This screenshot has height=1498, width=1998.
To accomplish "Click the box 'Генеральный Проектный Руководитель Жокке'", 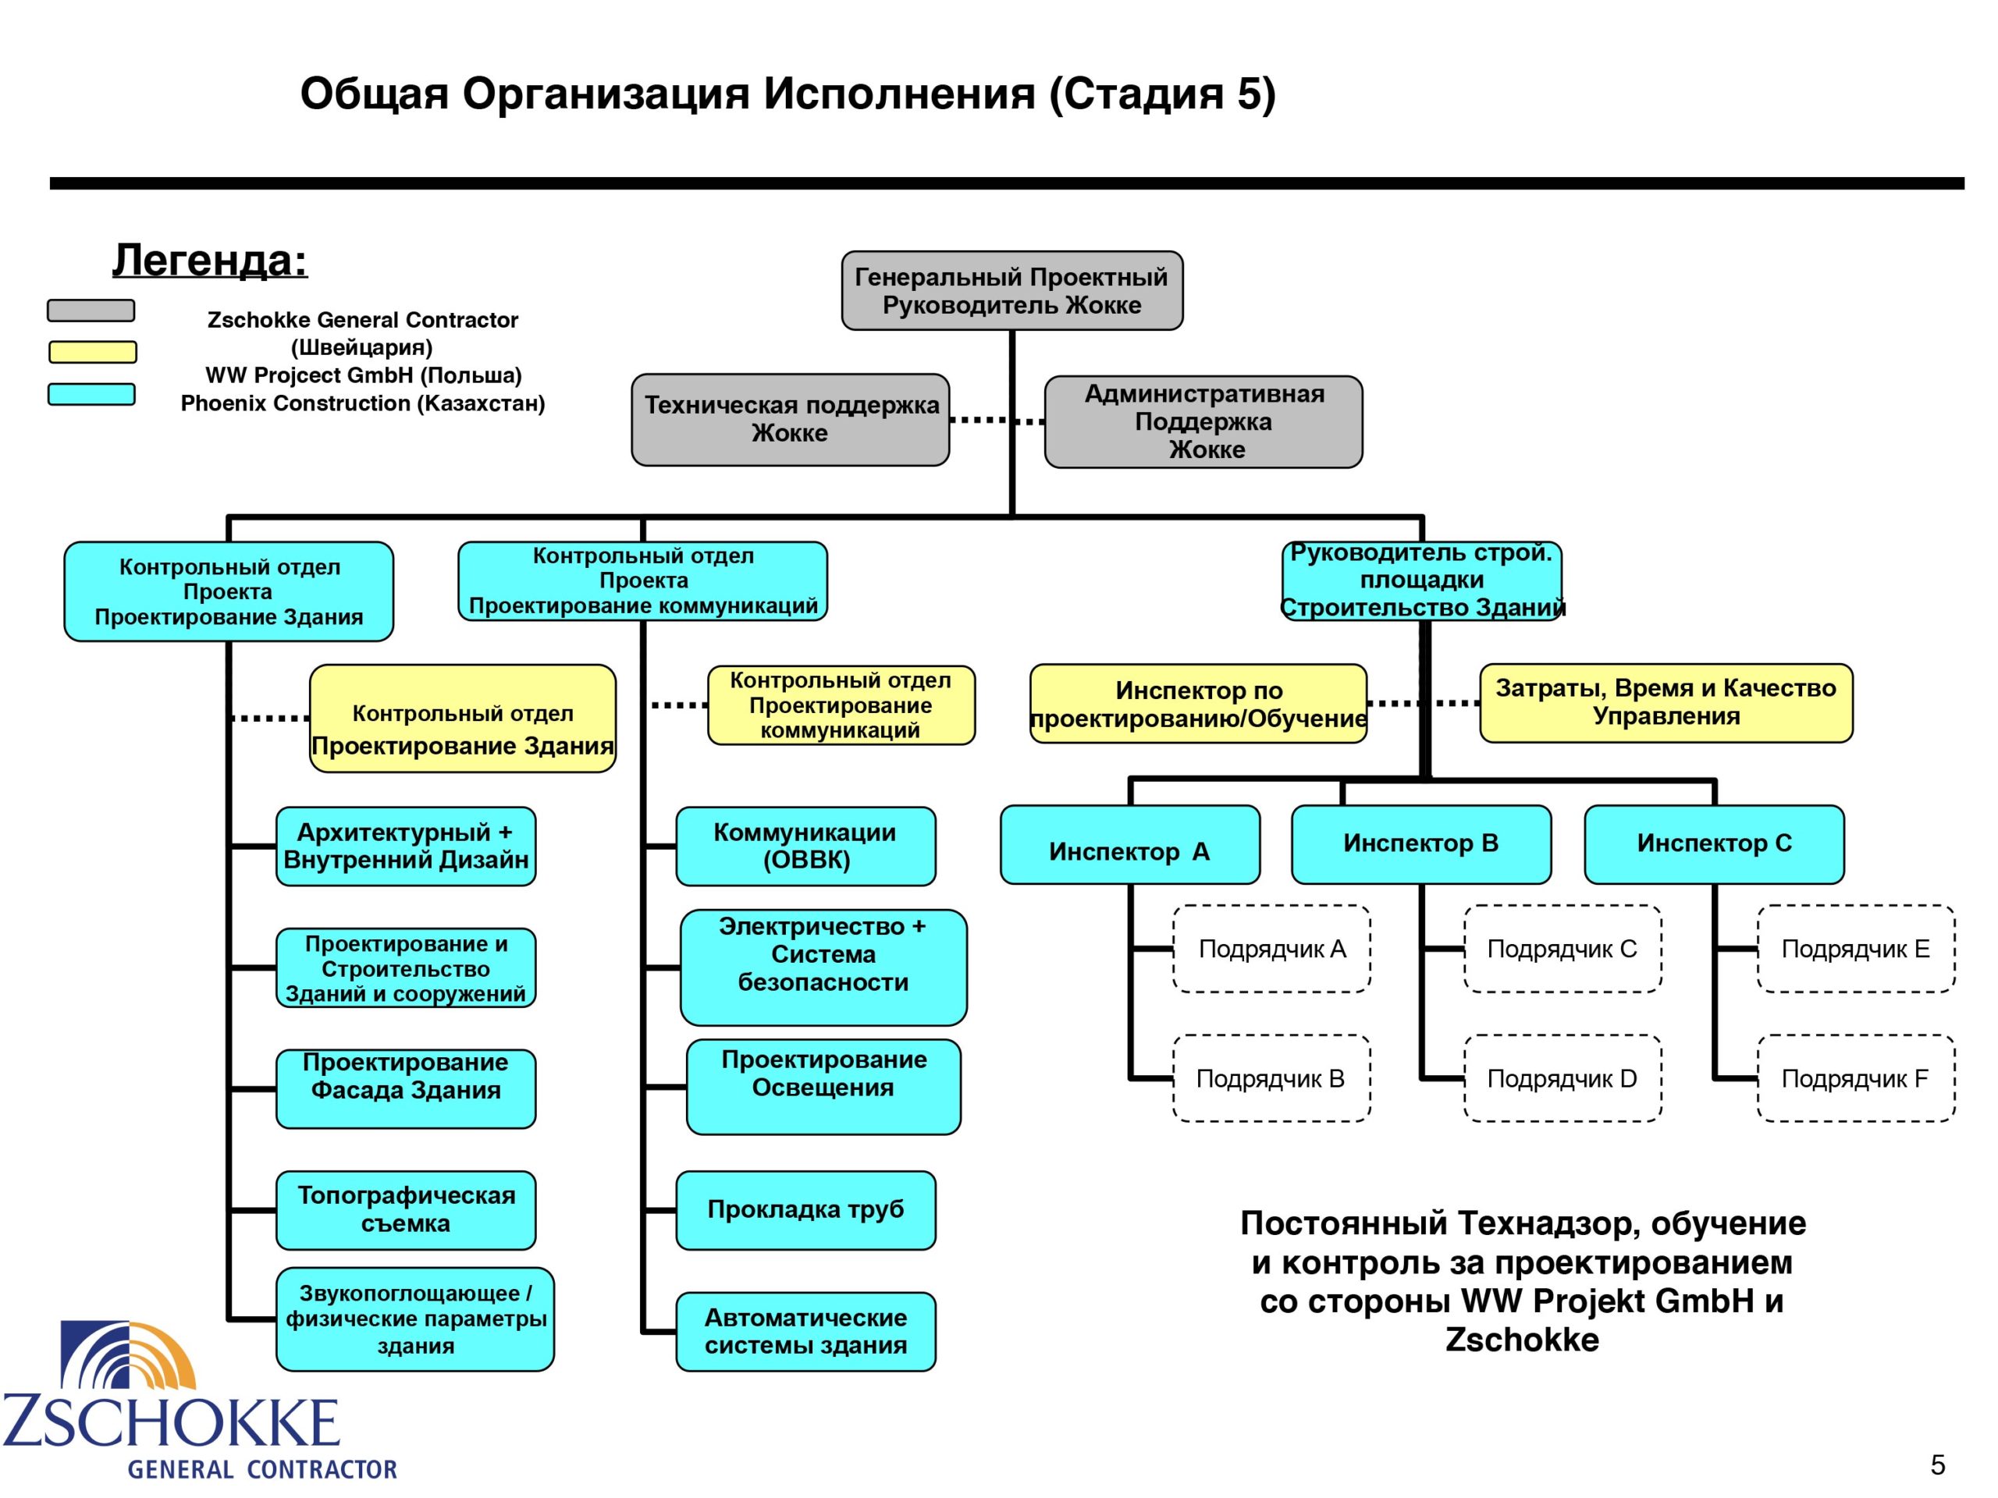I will click(1011, 291).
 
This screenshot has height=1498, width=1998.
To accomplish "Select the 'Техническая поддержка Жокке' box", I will click(791, 420).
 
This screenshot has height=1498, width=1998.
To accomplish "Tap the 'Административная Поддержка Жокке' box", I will click(1203, 421).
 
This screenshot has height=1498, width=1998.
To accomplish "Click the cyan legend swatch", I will click(91, 395).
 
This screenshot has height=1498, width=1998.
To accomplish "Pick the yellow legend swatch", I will click(92, 352).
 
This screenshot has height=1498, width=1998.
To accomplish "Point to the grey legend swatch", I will click(91, 311).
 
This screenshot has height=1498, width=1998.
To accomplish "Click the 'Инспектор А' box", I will click(1129, 845).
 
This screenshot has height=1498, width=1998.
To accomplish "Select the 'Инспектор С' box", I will click(1713, 845).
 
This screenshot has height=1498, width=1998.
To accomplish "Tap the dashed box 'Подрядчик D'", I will click(1562, 1078).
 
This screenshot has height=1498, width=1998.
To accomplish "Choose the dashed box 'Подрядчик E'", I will click(1855, 949).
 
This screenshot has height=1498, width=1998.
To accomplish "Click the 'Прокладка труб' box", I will click(805, 1210).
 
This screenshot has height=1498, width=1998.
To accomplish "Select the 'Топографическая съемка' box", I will click(406, 1210).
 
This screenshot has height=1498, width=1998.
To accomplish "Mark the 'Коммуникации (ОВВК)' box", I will click(805, 846).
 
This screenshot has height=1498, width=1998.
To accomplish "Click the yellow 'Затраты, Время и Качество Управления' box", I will click(1666, 704).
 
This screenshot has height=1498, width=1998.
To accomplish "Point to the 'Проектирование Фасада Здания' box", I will click(406, 1088).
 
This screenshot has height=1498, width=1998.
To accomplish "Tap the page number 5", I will click(1937, 1464).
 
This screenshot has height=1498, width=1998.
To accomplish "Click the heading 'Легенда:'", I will click(209, 261).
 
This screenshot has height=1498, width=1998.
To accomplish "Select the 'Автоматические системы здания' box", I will click(805, 1332).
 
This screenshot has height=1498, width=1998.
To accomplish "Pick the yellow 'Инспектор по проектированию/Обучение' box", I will click(1198, 705).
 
